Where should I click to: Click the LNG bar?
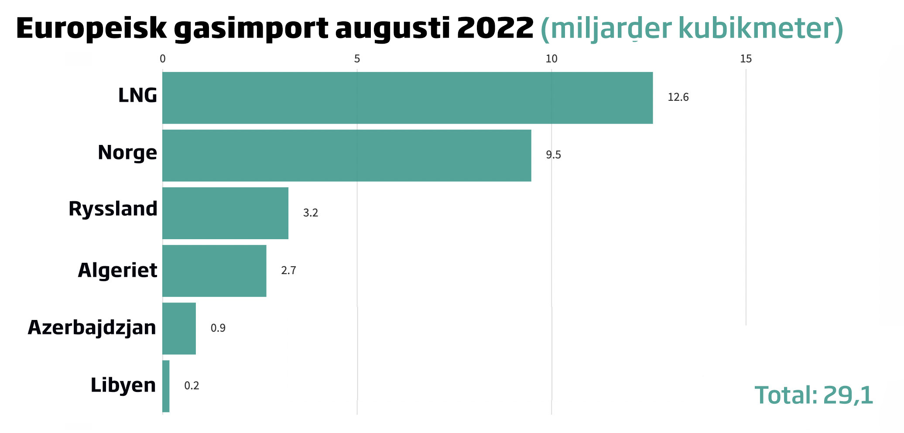click(407, 98)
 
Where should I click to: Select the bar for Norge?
click(347, 155)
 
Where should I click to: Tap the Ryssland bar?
click(225, 213)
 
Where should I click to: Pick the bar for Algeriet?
click(214, 271)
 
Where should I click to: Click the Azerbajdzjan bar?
click(179, 328)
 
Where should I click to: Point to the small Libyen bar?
click(166, 386)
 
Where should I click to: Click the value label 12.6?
click(678, 97)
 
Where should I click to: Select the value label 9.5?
click(553, 155)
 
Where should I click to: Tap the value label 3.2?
click(311, 213)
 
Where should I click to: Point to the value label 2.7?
click(288, 271)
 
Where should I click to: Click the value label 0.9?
click(218, 328)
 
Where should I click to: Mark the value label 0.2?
click(192, 386)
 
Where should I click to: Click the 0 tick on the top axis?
click(163, 59)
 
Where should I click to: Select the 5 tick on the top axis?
click(357, 59)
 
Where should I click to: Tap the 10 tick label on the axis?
click(551, 59)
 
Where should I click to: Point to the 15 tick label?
click(746, 59)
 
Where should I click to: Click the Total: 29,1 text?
click(814, 395)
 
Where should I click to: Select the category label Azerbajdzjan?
click(92, 327)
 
